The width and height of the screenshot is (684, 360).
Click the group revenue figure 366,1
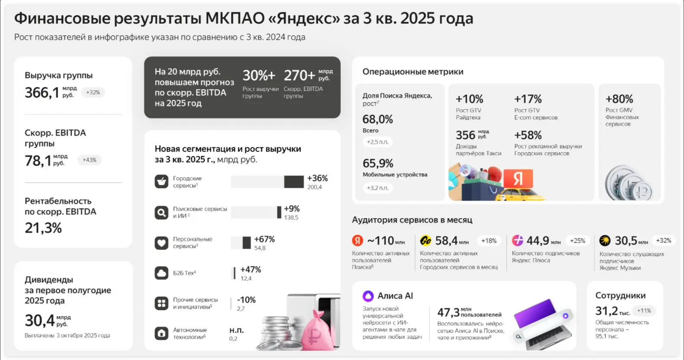pyautogui.click(x=42, y=92)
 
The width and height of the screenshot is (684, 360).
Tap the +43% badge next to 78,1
pyautogui.click(x=89, y=160)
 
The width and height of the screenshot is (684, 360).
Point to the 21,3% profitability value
pyautogui.click(x=43, y=228)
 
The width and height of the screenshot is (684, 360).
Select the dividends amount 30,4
pyautogui.click(x=40, y=320)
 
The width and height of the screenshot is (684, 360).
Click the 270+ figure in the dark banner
pyautogui.click(x=299, y=75)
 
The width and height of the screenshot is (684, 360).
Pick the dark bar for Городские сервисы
pyautogui.click(x=294, y=182)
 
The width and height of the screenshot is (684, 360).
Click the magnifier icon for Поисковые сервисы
pyautogui.click(x=161, y=212)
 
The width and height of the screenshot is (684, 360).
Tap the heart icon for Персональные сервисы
pyautogui.click(x=161, y=243)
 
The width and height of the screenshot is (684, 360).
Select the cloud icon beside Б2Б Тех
pyautogui.click(x=161, y=273)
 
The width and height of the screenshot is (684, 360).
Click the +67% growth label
pyautogui.click(x=264, y=239)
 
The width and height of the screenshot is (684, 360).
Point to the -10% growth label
pyautogui.click(x=246, y=300)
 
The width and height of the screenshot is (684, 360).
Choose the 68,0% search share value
pyautogui.click(x=378, y=119)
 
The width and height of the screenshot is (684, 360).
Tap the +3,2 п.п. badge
pyautogui.click(x=378, y=188)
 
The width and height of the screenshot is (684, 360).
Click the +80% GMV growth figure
pyautogui.click(x=619, y=99)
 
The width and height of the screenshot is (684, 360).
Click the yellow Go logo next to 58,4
pyautogui.click(x=425, y=241)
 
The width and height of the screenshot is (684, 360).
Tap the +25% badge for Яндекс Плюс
pyautogui.click(x=577, y=241)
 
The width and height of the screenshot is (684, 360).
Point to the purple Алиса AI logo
pyautogui.click(x=368, y=295)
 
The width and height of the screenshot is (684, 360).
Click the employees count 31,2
pyautogui.click(x=606, y=311)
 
